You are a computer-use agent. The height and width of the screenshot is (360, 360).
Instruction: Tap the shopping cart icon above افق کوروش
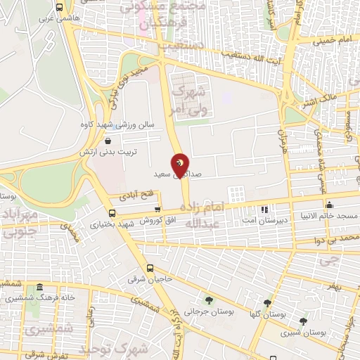pyautogui.click(x=157, y=209)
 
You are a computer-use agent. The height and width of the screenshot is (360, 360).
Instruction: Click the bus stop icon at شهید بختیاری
pyautogui.click(x=112, y=213)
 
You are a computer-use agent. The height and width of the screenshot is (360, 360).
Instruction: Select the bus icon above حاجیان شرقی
pyautogui.click(x=150, y=268)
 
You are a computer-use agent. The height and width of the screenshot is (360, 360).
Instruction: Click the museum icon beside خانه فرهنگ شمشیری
pyautogui.click(x=39, y=288)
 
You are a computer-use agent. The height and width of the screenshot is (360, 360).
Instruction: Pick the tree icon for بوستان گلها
pyautogui.click(x=266, y=303)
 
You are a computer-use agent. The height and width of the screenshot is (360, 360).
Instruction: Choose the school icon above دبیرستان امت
pyautogui.click(x=264, y=210)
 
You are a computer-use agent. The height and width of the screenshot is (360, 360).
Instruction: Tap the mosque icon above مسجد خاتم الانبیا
pyautogui.click(x=329, y=205)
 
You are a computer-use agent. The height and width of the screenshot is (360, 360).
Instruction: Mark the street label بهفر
pyautogui.click(x=335, y=288)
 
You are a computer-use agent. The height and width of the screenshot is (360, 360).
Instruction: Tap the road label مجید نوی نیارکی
pyautogui.click(x=123, y=87)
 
